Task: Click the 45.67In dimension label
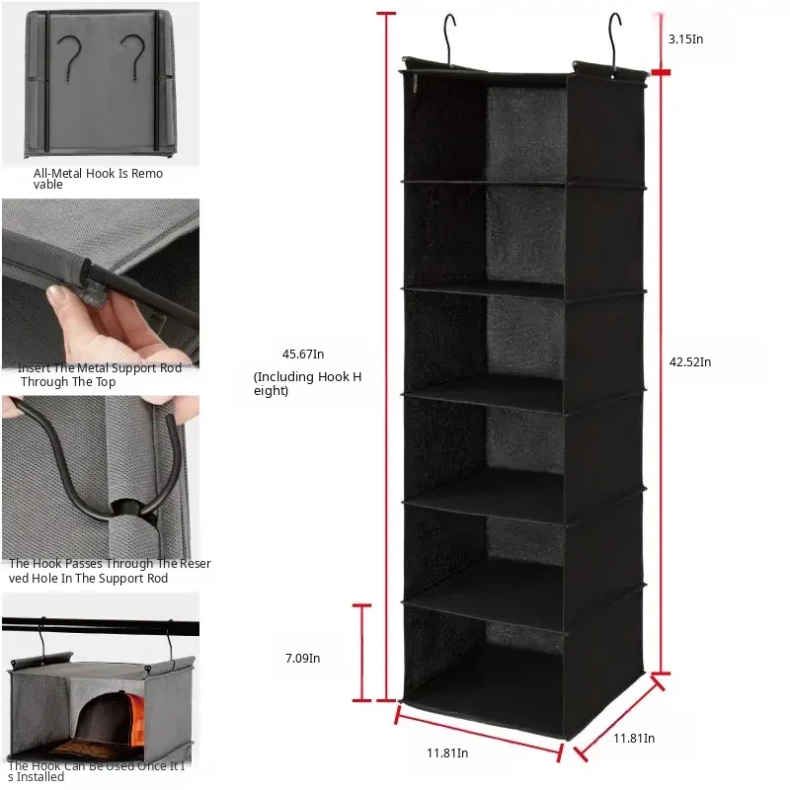tap(303, 355)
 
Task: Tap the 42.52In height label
tap(689, 361)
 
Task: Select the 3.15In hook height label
tap(685, 39)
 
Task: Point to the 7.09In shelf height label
tap(302, 658)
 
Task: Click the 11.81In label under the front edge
tap(447, 752)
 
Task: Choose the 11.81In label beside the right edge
tap(634, 738)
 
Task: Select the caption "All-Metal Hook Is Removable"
tap(98, 179)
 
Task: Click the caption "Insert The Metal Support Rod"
tap(100, 368)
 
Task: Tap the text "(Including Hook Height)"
tap(307, 383)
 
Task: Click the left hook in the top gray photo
tap(69, 57)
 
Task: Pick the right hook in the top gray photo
tap(133, 56)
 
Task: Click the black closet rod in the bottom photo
tap(101, 626)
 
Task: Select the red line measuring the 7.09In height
tap(361, 653)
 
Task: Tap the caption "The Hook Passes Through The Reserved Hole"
tap(110, 571)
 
